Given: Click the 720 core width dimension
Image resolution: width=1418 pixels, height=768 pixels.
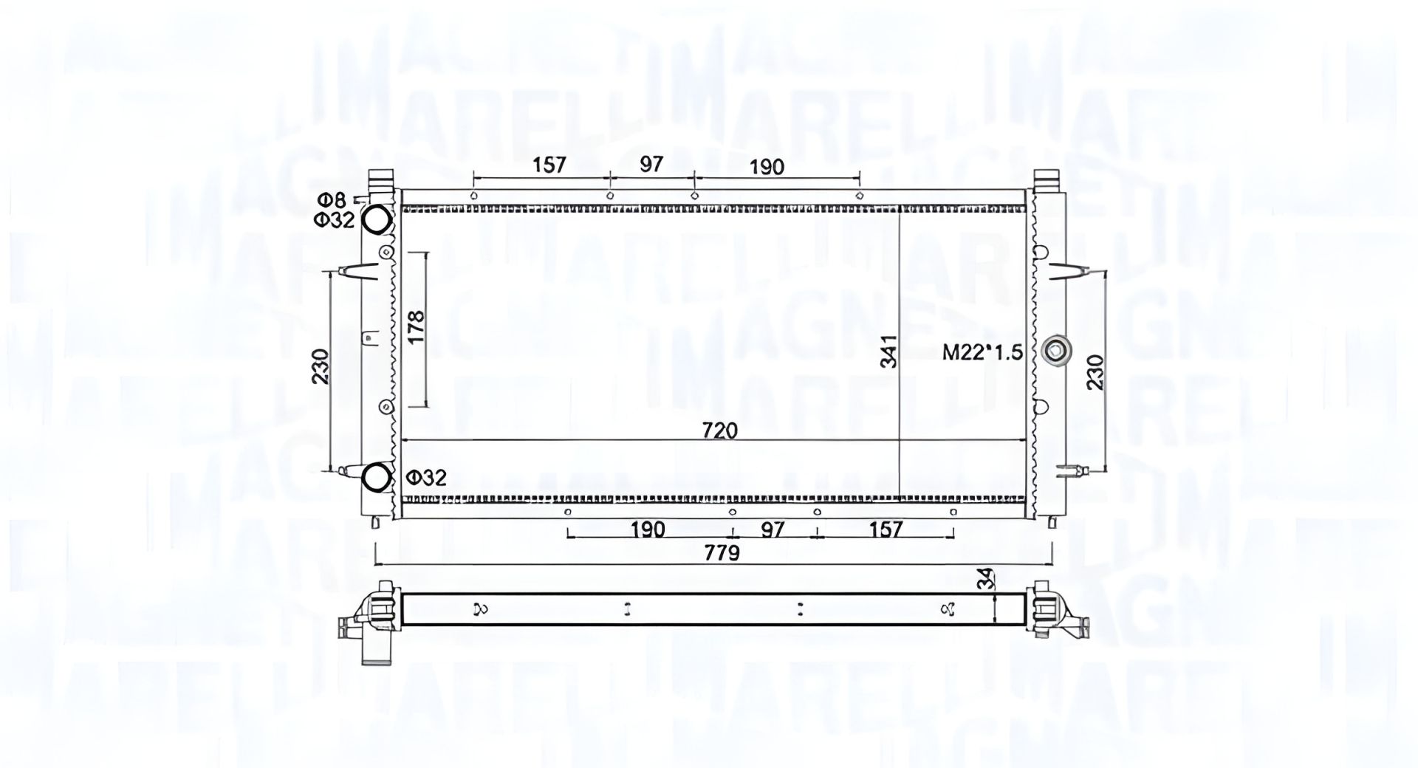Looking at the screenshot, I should [720, 430].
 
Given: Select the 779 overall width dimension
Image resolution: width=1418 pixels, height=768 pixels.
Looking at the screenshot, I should [722, 552].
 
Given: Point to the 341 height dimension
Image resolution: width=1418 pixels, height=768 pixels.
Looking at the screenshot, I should [890, 352].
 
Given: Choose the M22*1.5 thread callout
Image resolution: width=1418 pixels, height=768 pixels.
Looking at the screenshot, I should [982, 353].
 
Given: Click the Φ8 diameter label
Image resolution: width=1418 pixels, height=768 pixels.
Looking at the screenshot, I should [332, 199].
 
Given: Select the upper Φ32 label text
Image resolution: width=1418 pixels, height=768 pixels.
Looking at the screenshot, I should [335, 220].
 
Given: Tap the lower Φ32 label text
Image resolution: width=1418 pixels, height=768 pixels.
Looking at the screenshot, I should [427, 478].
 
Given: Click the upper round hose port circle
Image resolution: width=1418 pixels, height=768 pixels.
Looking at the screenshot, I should [377, 219].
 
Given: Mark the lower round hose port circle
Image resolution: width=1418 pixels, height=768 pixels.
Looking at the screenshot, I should [378, 476].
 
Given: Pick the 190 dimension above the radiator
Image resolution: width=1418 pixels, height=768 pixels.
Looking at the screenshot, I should [767, 167].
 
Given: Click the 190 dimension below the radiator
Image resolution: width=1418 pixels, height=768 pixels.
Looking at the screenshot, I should [648, 529].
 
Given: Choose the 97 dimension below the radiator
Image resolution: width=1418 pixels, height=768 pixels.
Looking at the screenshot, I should [773, 529].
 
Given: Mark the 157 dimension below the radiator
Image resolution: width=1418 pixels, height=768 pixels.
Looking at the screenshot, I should [886, 529].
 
